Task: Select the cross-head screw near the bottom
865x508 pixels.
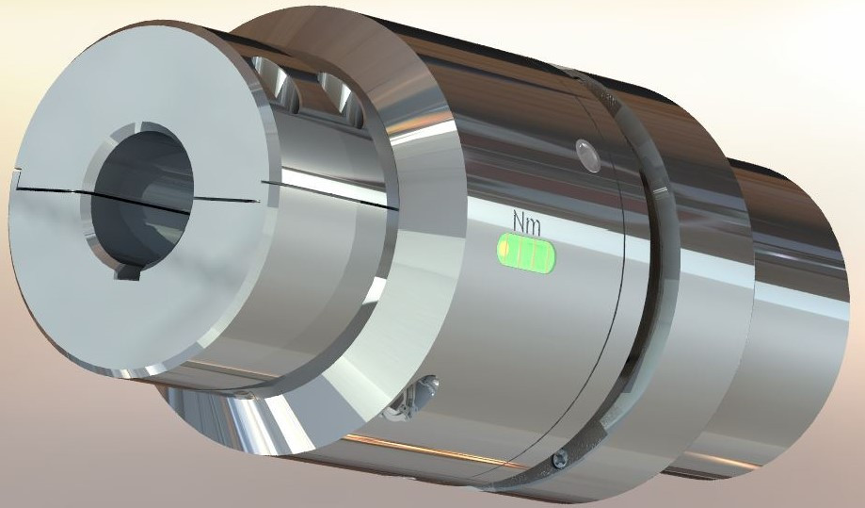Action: [561, 460]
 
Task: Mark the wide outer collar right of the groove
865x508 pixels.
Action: [697, 283]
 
